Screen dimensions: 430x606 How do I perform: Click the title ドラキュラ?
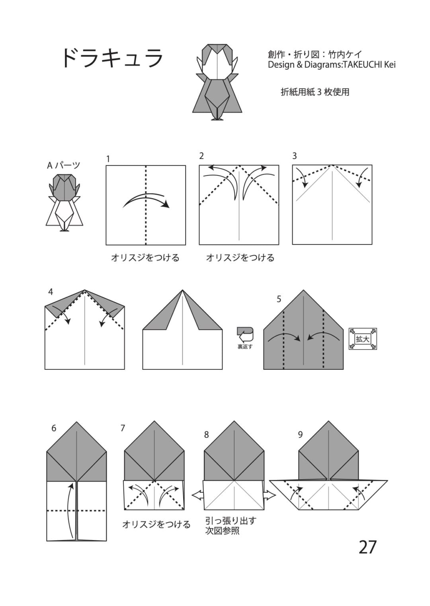(x=113, y=58)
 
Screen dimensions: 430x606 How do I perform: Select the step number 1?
(x=108, y=159)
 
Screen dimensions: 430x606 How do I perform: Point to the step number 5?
(x=279, y=299)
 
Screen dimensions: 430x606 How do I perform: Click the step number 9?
(x=300, y=435)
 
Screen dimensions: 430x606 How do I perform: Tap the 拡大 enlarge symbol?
(x=363, y=339)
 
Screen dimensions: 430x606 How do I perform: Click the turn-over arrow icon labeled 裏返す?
(x=245, y=338)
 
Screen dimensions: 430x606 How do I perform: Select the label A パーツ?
(x=64, y=165)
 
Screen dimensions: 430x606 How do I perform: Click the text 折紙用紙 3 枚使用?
(x=315, y=92)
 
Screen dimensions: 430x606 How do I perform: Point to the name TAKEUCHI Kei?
(x=369, y=65)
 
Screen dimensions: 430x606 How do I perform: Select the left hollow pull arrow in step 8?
(x=197, y=495)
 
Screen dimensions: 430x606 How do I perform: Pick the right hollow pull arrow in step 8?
(x=270, y=495)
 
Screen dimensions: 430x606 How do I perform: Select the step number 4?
(x=51, y=292)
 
